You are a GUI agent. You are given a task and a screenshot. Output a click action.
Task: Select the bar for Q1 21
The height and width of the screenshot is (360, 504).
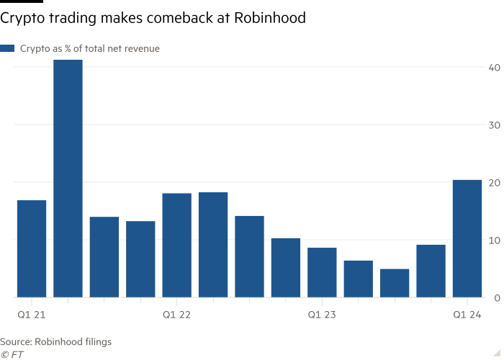pyautogui.click(x=32, y=248)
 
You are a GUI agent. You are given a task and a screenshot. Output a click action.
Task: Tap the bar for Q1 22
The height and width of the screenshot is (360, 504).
pyautogui.click(x=177, y=245)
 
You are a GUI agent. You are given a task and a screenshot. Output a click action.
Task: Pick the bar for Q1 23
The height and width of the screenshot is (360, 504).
pyautogui.click(x=322, y=272)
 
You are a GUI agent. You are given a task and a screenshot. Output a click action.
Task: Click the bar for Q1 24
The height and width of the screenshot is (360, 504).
pyautogui.click(x=467, y=238)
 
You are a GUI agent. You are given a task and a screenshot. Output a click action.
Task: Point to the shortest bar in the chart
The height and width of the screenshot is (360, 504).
pyautogui.click(x=395, y=283)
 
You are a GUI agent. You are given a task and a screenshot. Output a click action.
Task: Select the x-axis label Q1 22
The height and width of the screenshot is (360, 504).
pyautogui.click(x=177, y=315)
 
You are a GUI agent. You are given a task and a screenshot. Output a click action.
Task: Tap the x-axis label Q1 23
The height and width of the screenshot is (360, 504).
pyautogui.click(x=322, y=315)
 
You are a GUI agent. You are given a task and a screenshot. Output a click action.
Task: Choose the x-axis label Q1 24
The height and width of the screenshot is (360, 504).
pyautogui.click(x=467, y=315)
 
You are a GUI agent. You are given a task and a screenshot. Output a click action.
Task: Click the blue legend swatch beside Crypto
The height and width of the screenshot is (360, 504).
pyautogui.click(x=8, y=48)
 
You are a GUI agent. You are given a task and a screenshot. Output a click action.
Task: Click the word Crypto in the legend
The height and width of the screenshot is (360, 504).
pyautogui.click(x=33, y=48)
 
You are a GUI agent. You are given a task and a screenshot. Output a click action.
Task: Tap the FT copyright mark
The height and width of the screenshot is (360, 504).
pyautogui.click(x=12, y=354)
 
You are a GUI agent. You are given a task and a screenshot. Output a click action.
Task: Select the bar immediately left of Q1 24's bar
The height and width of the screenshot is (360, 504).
pyautogui.click(x=431, y=271)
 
